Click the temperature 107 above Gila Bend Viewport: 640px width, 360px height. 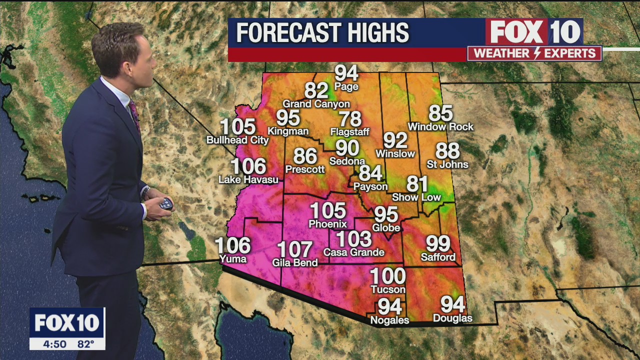pyautogui.click(x=295, y=249)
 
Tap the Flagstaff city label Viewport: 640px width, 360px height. pyautogui.click(x=350, y=132)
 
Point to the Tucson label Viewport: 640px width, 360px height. pyautogui.click(x=388, y=289)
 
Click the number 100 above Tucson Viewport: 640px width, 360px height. pyautogui.click(x=388, y=276)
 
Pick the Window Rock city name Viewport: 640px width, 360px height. pyautogui.click(x=440, y=127)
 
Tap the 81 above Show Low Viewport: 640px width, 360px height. pyautogui.click(x=417, y=184)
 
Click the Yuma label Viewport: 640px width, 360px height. pyautogui.click(x=233, y=258)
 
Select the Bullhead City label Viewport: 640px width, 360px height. pyautogui.click(x=237, y=140)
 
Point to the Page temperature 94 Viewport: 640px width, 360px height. pyautogui.click(x=346, y=73)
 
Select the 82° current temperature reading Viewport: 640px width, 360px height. pyautogui.click(x=86, y=344)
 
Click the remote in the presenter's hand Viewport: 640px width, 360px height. pyautogui.click(x=165, y=204)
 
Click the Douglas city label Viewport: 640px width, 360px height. pyautogui.click(x=452, y=318)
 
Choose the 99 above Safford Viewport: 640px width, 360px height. pyautogui.click(x=438, y=244)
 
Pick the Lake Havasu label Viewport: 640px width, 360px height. pyautogui.click(x=248, y=179)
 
